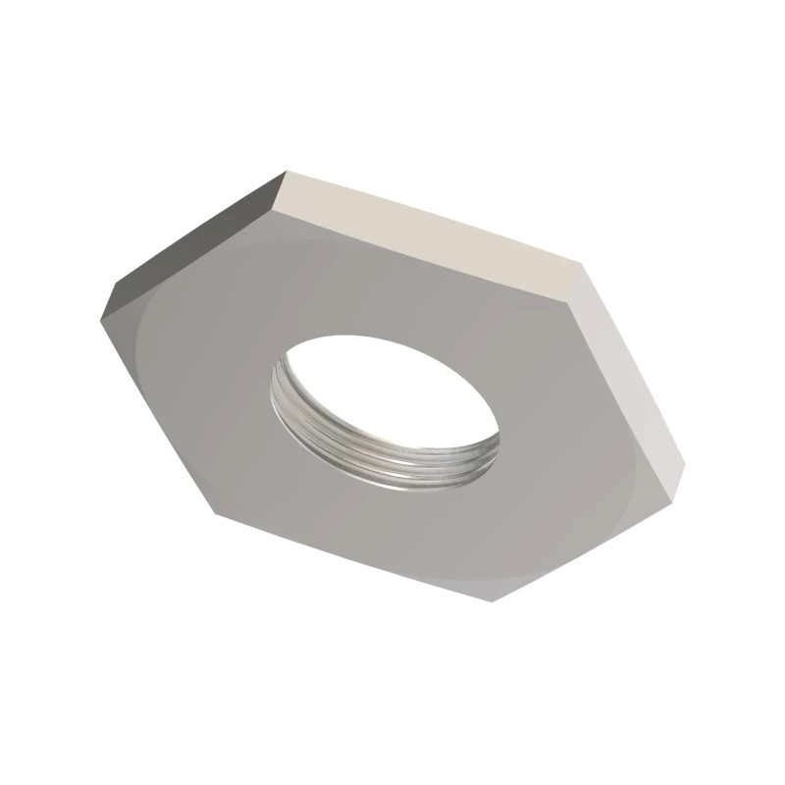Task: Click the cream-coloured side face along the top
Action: [x=432, y=231]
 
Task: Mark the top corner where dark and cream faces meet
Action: [x=285, y=174]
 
